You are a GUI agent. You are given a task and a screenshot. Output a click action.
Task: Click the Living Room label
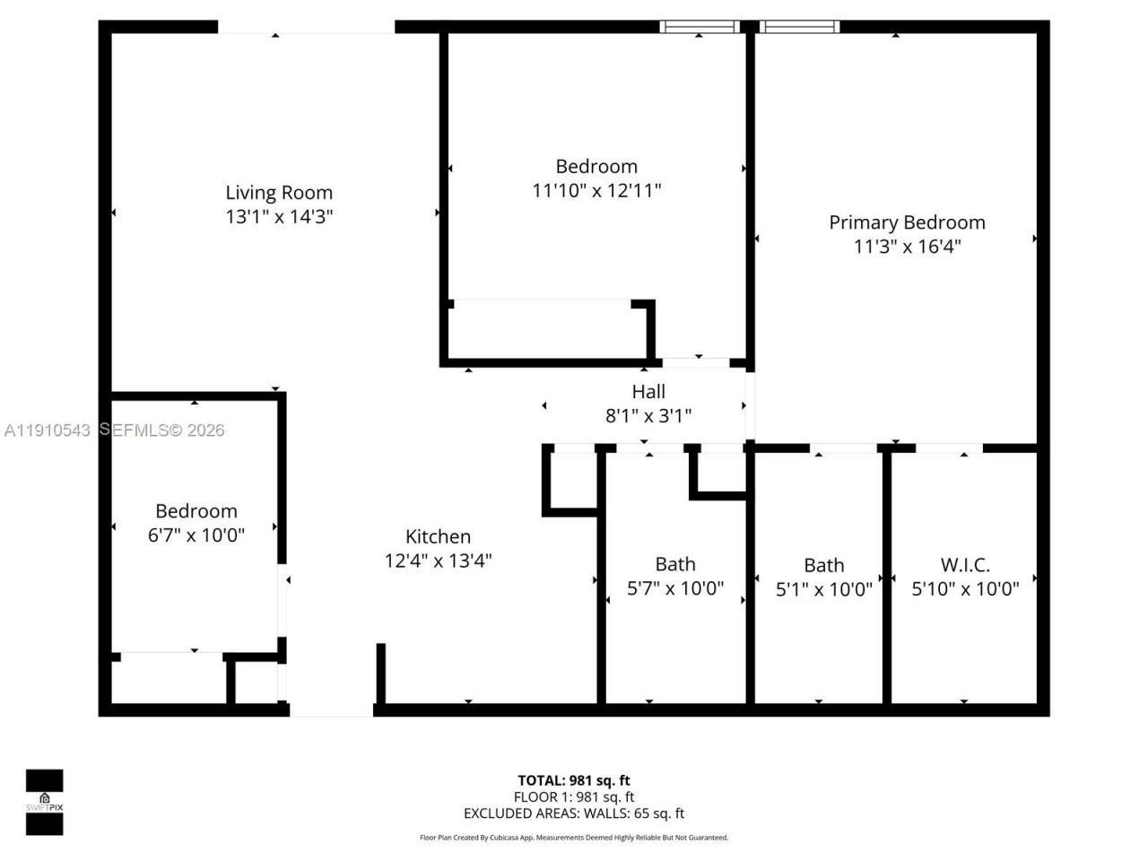point(279,192)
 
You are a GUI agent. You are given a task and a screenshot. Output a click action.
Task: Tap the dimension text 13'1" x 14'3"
point(279,216)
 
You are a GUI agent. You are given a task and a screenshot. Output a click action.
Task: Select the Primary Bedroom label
point(907,222)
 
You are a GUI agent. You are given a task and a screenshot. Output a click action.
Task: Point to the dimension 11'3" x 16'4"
point(907,247)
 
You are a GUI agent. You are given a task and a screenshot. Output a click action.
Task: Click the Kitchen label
point(438,536)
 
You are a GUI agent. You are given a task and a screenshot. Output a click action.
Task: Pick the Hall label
point(648,392)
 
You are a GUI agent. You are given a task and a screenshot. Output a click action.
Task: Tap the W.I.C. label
point(965,565)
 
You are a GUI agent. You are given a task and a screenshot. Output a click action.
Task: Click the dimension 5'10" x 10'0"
point(965,589)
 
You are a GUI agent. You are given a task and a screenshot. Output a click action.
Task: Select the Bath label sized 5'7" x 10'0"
point(675,564)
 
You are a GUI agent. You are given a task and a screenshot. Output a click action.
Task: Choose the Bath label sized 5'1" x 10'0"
point(823,565)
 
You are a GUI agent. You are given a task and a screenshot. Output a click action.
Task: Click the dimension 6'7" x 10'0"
point(196,535)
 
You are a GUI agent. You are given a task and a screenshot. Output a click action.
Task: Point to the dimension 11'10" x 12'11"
point(596,190)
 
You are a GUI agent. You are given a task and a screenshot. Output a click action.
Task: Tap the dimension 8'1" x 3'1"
point(648,416)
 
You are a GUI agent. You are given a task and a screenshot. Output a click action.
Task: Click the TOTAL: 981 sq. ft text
point(574,780)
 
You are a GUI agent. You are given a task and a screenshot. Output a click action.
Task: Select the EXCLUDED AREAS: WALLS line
point(574,813)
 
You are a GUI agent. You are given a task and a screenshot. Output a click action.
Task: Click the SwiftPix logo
point(44,802)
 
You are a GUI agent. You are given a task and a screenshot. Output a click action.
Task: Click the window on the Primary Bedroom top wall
point(799,27)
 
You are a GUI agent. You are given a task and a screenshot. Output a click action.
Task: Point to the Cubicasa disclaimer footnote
point(574,838)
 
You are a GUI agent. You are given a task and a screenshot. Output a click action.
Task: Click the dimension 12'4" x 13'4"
point(438,561)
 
